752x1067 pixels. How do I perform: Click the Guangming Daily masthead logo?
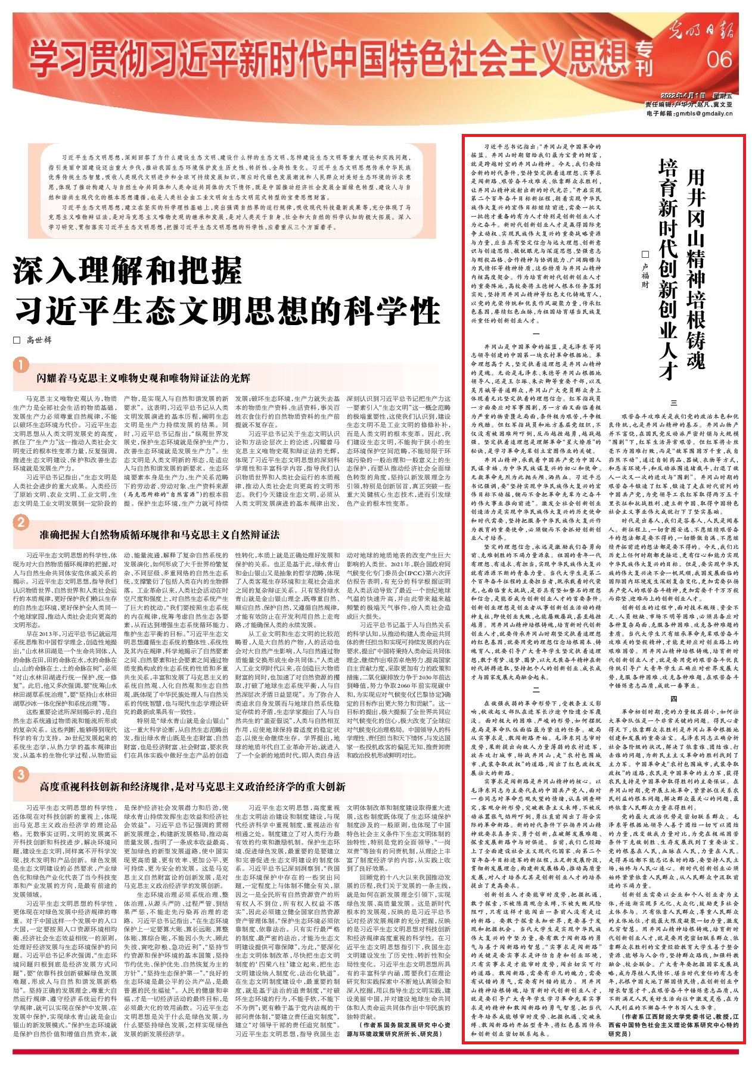click(x=700, y=28)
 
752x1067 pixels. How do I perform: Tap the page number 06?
click(x=718, y=60)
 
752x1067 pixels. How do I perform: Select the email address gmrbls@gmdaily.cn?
click(x=701, y=113)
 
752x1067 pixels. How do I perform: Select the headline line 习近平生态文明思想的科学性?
click(x=226, y=311)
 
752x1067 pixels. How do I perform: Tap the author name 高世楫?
click(x=39, y=340)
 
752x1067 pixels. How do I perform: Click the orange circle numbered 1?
click(x=21, y=364)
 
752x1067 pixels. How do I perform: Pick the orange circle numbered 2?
click(x=21, y=522)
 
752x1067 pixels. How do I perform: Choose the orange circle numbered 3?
click(x=21, y=774)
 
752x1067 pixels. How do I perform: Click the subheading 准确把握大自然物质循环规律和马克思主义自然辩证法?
click(x=159, y=535)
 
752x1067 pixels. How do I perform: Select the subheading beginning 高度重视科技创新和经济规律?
click(x=192, y=787)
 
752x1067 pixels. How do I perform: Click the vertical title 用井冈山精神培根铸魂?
click(x=695, y=268)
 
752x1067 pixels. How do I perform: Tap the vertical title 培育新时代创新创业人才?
click(x=667, y=268)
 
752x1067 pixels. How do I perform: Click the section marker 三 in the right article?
click(x=674, y=403)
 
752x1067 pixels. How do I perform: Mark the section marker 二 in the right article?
click(x=536, y=690)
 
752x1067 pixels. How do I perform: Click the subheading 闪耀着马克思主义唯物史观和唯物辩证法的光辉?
click(x=143, y=378)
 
